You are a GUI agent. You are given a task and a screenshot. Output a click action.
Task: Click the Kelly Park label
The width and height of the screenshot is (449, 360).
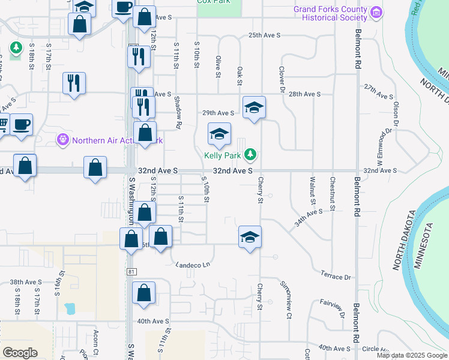pos(222,155)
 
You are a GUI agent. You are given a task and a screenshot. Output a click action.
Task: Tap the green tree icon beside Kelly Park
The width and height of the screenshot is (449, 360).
pos(250,155)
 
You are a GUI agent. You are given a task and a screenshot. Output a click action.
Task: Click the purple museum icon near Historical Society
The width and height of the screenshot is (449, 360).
pos(376,11)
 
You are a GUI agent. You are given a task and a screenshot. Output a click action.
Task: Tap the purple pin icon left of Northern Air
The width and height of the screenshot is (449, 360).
pos(62,140)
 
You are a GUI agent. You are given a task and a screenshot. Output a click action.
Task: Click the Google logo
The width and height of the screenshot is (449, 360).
pos(20,352)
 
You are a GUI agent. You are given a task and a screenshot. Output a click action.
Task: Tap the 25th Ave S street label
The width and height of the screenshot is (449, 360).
pos(265,35)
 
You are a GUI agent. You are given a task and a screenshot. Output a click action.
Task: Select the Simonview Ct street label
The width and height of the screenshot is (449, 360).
pos(288,298)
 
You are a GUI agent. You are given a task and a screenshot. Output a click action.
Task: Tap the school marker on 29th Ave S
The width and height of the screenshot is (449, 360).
pos(255,107)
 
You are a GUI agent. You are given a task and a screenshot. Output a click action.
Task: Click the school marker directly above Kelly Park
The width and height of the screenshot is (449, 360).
pos(220,133)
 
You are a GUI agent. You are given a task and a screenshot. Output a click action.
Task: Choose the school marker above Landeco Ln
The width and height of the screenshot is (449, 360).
pos(250,237)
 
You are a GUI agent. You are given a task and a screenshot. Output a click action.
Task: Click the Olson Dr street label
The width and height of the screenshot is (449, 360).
pos(396,112)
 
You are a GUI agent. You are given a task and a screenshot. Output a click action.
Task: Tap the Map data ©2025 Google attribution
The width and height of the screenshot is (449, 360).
pos(411,355)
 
